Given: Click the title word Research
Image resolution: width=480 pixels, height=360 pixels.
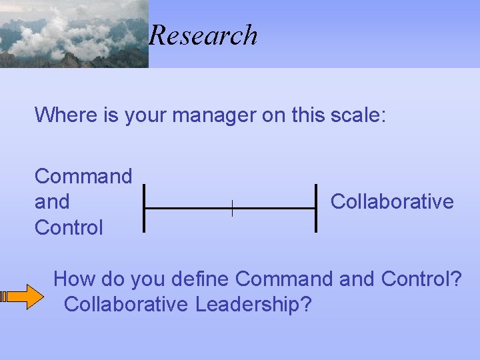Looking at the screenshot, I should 203,35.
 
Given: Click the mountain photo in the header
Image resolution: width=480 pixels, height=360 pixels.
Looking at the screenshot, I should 73,33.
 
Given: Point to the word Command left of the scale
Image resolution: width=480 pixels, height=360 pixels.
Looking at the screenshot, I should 83,176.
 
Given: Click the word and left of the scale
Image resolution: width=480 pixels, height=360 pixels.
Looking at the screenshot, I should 52,201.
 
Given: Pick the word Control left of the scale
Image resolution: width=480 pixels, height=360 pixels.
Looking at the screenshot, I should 69,227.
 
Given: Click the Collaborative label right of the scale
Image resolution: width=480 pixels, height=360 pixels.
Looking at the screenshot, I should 392,201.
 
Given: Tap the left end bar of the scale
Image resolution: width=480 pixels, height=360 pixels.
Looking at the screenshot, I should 144,208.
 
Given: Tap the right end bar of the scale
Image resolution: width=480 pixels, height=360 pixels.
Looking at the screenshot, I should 315,208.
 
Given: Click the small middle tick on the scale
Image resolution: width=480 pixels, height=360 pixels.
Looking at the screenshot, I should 231,208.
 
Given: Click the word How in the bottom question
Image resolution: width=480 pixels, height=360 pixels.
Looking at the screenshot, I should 71,278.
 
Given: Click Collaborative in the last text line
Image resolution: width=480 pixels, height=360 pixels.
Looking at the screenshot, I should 126,304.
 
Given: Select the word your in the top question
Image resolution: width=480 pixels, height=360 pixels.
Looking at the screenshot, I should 144,115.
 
